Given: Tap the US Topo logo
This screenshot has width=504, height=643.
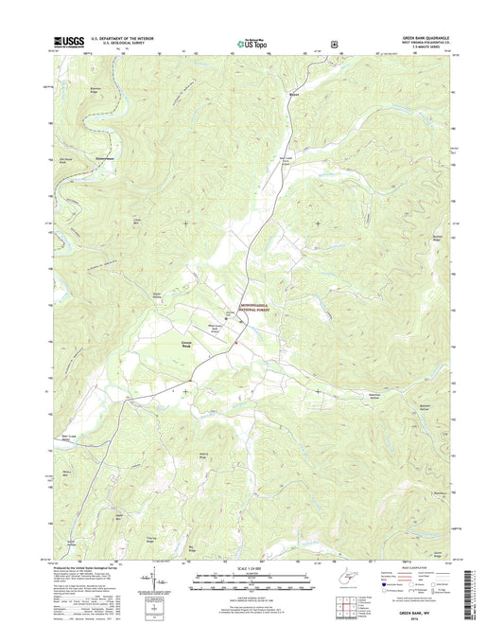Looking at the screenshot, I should (x=251, y=42).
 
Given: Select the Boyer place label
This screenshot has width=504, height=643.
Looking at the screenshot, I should (x=294, y=95).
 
